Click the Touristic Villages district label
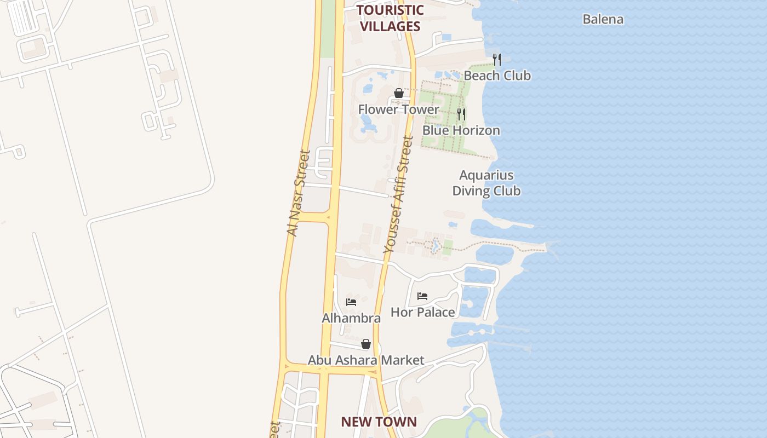(x=390, y=18)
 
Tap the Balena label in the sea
(x=603, y=19)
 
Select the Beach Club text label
(x=497, y=76)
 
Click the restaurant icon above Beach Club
(x=496, y=59)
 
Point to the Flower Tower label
(x=398, y=109)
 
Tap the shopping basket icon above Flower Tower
(x=399, y=93)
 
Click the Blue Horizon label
(x=461, y=130)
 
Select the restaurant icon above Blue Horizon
(x=461, y=114)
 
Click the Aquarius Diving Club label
(x=486, y=183)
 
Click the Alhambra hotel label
(x=351, y=318)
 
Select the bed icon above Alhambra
(x=351, y=302)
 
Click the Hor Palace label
(x=422, y=312)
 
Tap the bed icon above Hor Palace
(x=422, y=296)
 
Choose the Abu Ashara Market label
(x=365, y=360)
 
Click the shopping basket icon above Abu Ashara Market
(x=366, y=344)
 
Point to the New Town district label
(x=379, y=422)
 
